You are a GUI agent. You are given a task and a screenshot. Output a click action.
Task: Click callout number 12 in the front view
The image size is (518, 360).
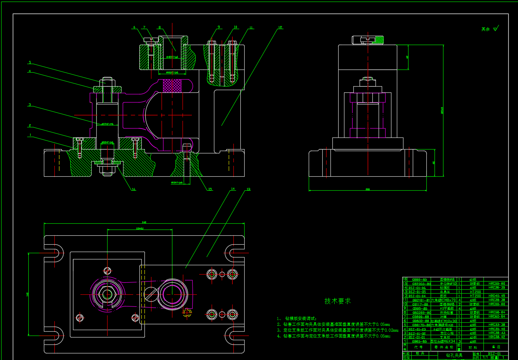pos(280,28)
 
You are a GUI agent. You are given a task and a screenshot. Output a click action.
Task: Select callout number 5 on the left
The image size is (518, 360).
pos(30,62)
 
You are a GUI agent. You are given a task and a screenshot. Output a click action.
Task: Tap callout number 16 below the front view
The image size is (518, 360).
pos(133,190)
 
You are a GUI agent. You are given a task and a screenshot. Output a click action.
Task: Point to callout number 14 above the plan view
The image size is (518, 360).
pos(233,189)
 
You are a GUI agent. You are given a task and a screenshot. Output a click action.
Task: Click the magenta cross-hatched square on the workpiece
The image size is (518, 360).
pos(172,86)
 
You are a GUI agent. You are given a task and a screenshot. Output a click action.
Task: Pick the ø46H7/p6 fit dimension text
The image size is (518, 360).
pos(172,72)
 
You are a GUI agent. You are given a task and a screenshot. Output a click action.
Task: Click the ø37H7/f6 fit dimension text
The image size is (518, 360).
pos(107,124)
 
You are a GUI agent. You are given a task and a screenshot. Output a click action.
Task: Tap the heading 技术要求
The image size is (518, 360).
pos(337,301)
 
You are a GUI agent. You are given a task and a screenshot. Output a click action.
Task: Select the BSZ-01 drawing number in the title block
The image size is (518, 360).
pos(494,354)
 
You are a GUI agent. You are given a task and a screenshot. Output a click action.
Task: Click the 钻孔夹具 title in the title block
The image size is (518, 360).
pos(454,355)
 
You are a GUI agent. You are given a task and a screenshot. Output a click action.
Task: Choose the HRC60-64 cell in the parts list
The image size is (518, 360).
pos(497,317)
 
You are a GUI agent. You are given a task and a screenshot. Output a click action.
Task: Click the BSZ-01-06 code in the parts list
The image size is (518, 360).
pos(417,288)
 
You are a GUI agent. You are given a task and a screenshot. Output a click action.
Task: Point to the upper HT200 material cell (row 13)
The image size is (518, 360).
pos(475,292)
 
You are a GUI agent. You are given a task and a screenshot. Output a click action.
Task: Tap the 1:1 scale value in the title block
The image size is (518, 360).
pos(485,358)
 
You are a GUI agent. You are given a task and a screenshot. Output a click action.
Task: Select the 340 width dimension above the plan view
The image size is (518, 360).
pos(144,222)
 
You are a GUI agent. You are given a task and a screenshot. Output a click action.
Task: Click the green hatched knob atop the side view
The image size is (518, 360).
pos(379,40)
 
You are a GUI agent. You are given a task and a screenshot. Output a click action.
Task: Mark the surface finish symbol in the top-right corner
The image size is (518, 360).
pos(495,28)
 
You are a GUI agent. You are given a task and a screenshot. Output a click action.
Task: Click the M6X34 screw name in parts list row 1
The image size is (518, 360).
pos(449,341)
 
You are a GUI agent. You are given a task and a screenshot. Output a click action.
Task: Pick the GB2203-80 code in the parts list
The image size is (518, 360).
pos(421,284)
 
